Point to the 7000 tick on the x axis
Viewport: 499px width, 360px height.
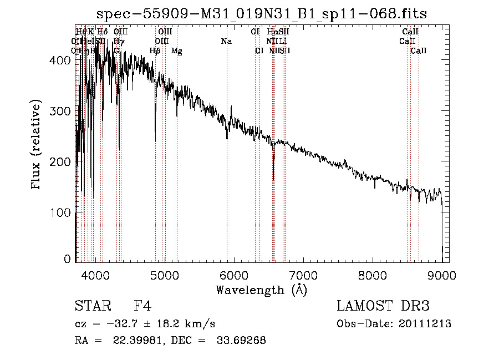click(x=303, y=275)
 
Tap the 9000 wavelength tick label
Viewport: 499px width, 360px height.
click(x=442, y=275)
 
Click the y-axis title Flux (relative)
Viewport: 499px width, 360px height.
click(x=37, y=145)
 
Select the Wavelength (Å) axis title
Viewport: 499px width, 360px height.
click(x=261, y=290)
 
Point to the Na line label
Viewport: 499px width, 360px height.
click(x=226, y=42)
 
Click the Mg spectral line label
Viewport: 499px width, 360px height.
click(x=176, y=51)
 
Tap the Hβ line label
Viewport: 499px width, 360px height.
click(x=155, y=51)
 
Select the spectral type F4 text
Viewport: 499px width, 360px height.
click(x=142, y=307)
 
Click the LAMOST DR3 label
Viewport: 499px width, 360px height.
click(x=383, y=307)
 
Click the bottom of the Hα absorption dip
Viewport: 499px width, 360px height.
click(x=273, y=179)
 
